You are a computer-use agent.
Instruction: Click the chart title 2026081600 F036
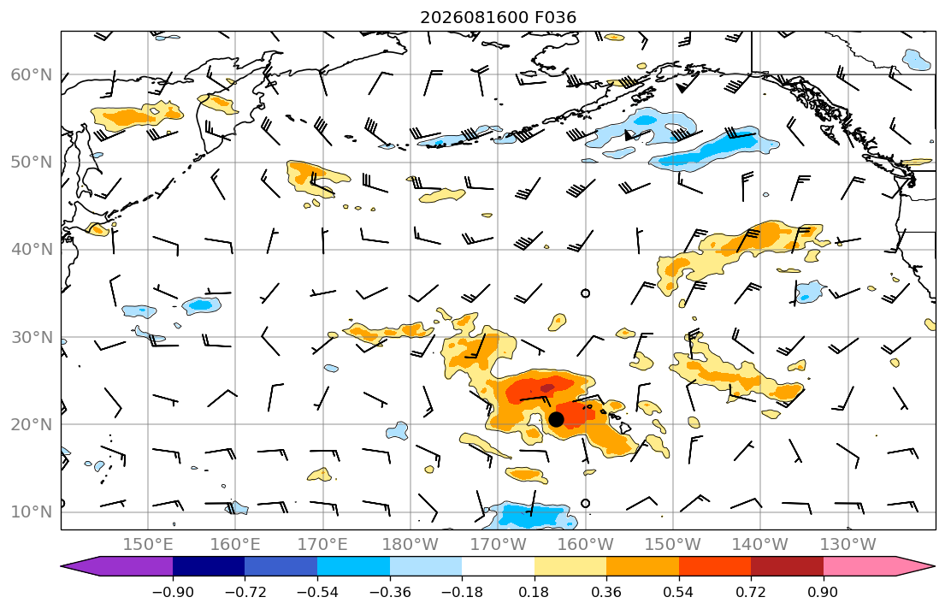pyautogui.click(x=498, y=17)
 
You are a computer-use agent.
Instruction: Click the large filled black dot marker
pyautogui.click(x=556, y=419)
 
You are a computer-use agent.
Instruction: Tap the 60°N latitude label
pyautogui.click(x=32, y=74)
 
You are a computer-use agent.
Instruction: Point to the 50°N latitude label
pyautogui.click(x=32, y=163)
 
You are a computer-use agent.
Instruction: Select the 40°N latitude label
pyautogui.click(x=32, y=249)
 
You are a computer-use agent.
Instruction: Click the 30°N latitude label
pyautogui.click(x=32, y=337)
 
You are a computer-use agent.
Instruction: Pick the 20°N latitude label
pyautogui.click(x=32, y=424)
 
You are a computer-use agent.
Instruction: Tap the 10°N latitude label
pyautogui.click(x=32, y=512)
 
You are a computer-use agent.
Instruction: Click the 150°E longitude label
pyautogui.click(x=148, y=545)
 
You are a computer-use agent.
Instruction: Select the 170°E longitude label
pyautogui.click(x=322, y=545)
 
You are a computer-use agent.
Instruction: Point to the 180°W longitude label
pyautogui.click(x=410, y=545)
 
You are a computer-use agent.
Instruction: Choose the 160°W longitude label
pyautogui.click(x=585, y=545)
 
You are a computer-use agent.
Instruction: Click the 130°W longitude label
pyautogui.click(x=848, y=545)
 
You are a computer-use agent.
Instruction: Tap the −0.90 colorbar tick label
pyautogui.click(x=173, y=592)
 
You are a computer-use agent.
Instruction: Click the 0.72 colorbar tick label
pyautogui.click(x=751, y=592)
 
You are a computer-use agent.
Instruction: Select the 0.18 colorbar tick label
pyautogui.click(x=534, y=592)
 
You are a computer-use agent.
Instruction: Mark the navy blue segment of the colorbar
pyautogui.click(x=209, y=566)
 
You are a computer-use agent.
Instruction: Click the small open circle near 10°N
pyautogui.click(x=585, y=504)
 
